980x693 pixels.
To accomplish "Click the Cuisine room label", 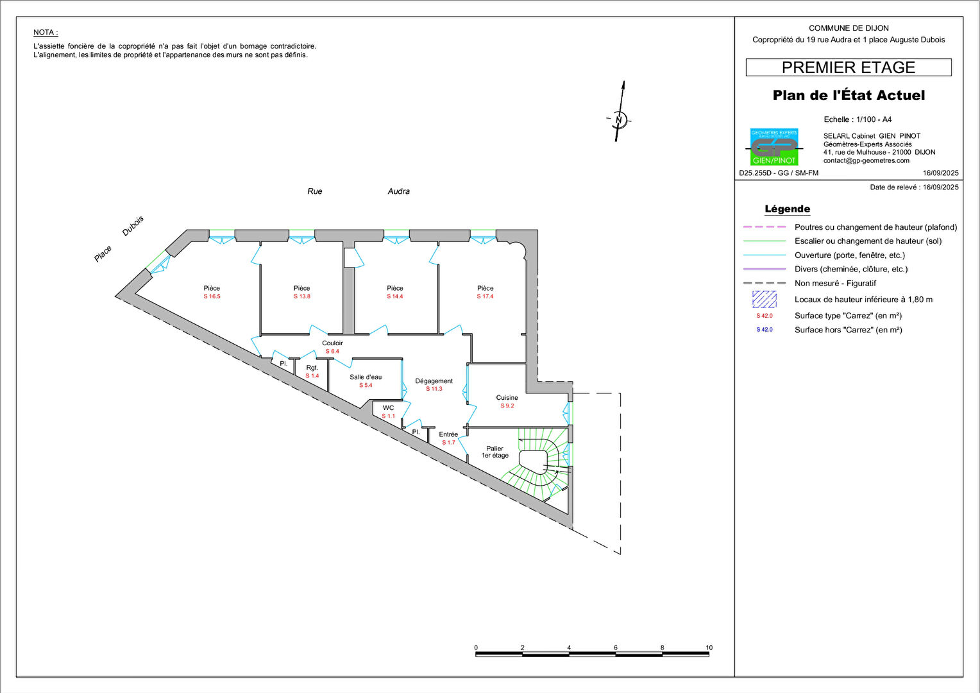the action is coord(507,397).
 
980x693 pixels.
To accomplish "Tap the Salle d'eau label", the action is coord(366,377).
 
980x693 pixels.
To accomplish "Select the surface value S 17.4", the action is coord(485,296).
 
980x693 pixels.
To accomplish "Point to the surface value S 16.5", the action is coord(212,296).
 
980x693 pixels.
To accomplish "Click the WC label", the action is coord(388,408).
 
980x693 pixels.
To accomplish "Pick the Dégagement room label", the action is coord(434,381).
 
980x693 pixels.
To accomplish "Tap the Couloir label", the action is coord(332,343).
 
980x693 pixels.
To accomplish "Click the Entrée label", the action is coord(448,434).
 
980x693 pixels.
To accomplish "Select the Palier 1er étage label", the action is coord(495,452).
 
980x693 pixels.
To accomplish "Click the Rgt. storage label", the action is coord(312,368).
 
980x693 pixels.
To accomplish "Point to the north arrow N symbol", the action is coord(619,119).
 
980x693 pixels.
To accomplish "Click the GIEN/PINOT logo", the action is coord(774,147).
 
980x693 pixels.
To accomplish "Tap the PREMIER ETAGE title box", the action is coord(849,67).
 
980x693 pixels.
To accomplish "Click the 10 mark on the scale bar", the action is coord(709,647).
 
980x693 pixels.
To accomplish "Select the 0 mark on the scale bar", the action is coord(476,647).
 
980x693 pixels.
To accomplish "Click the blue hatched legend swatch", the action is coord(765,300).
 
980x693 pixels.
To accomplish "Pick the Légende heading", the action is coord(787,209).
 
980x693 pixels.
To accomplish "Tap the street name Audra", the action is coord(398,191).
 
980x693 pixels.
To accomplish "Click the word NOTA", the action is coord(46,32).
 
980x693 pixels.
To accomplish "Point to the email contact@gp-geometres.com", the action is coord(866,160).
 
